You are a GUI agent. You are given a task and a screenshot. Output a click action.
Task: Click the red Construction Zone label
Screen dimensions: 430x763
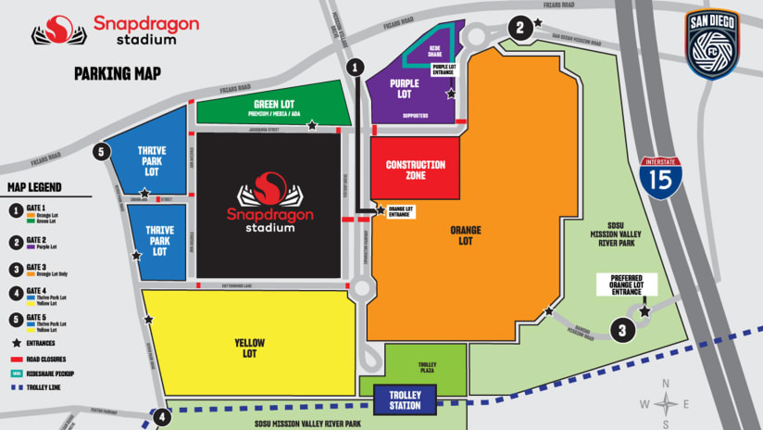coord(415,170)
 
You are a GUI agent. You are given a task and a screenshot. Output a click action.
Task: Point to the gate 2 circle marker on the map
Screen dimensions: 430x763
coord(521,28)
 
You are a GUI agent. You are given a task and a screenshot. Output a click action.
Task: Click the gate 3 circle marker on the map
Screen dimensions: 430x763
coord(623,329)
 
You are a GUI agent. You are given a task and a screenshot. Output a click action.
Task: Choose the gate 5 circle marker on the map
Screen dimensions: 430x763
coord(101,152)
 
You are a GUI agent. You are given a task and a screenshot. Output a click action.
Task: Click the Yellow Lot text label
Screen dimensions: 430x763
coord(250,348)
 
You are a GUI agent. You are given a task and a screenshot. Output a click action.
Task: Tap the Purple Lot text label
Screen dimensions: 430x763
coord(405,89)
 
